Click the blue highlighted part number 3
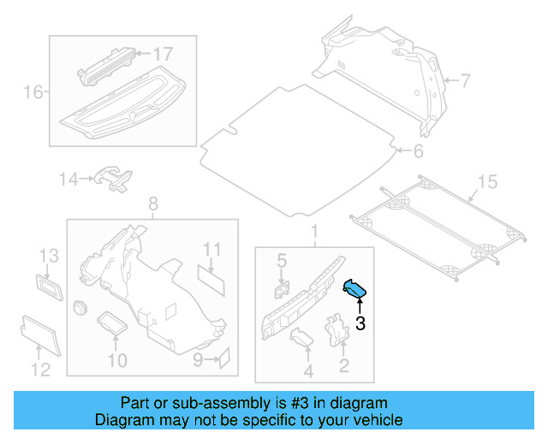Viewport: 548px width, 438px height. pyautogui.click(x=355, y=290)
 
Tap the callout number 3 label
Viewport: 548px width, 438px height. pyautogui.click(x=360, y=323)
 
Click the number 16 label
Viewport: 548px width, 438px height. pyautogui.click(x=33, y=92)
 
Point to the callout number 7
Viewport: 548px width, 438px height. pyautogui.click(x=465, y=82)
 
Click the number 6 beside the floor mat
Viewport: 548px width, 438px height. pyautogui.click(x=418, y=152)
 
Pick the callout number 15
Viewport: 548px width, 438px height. pyautogui.click(x=486, y=181)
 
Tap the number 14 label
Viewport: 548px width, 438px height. pyautogui.click(x=68, y=179)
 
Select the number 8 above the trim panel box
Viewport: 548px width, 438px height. pyautogui.click(x=153, y=204)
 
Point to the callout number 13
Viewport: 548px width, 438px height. pyautogui.click(x=49, y=255)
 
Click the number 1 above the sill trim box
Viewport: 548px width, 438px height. pyautogui.click(x=313, y=232)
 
